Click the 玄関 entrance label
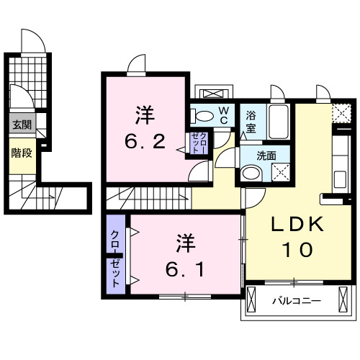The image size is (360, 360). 21,125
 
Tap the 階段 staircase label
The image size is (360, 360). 21,153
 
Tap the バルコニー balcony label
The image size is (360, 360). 296,299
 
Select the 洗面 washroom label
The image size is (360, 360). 268,155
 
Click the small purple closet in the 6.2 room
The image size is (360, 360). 197,142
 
